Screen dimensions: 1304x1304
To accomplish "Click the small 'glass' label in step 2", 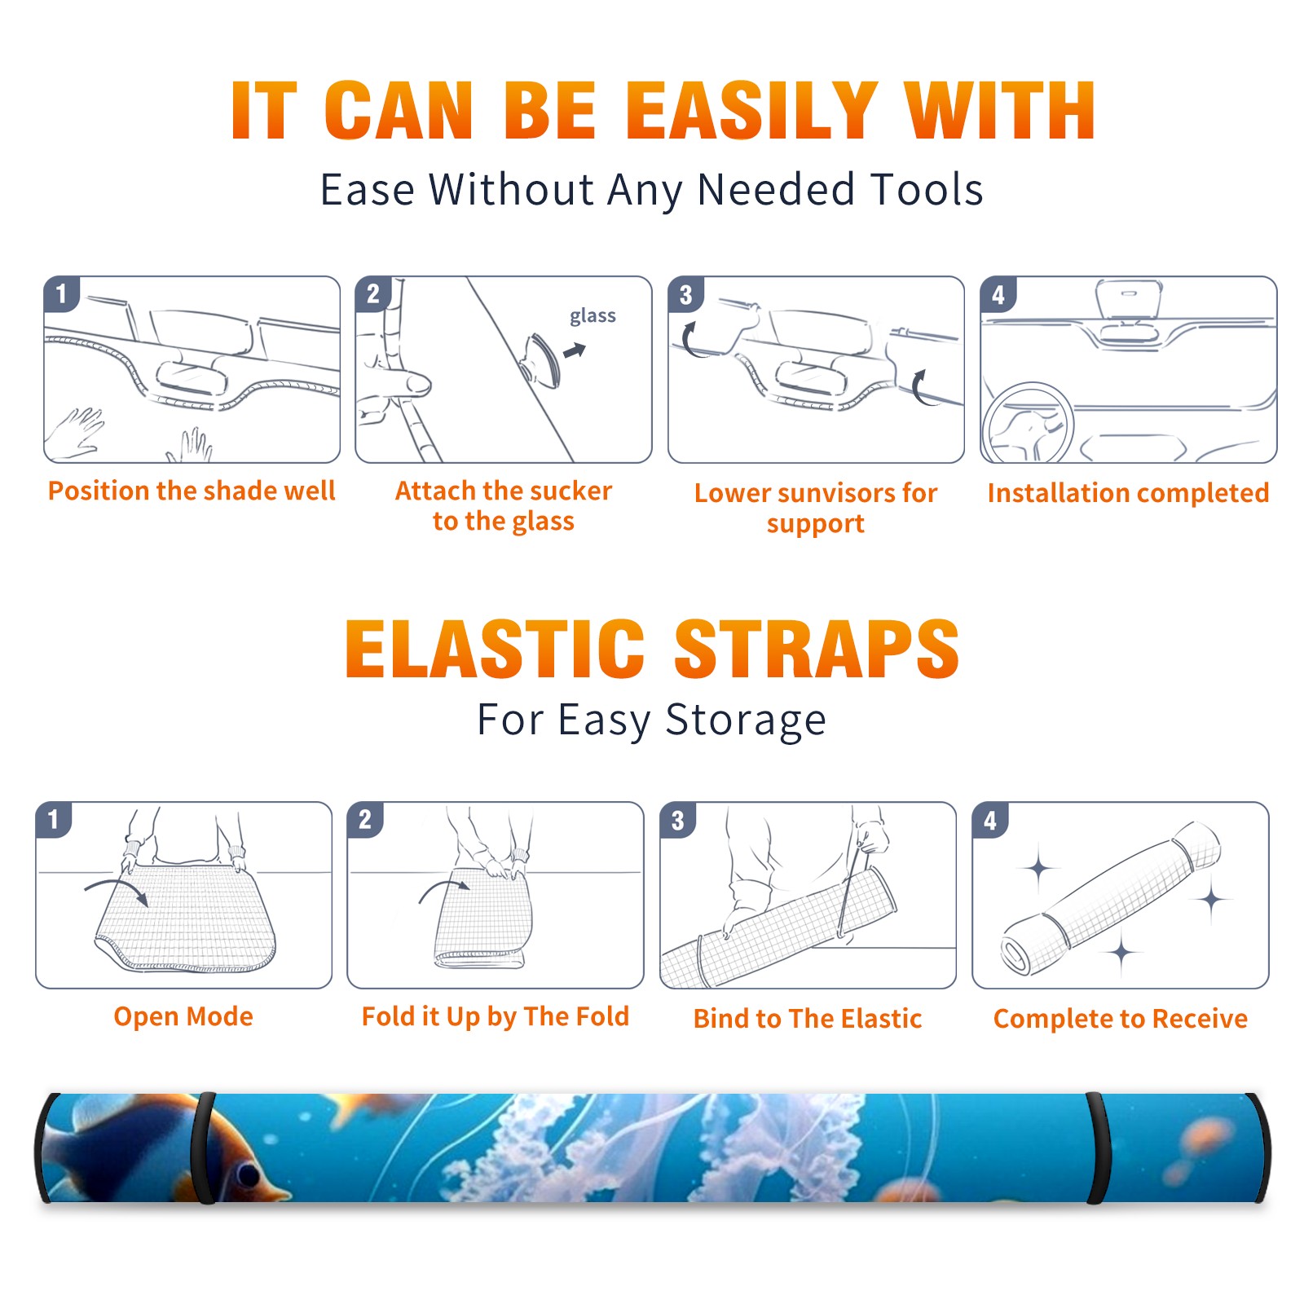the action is [593, 316].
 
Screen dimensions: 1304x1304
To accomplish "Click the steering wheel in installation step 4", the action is [1028, 423].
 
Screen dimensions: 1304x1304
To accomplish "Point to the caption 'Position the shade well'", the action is [192, 491].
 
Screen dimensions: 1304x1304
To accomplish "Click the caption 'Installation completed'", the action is [1128, 493].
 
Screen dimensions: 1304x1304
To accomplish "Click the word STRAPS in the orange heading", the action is [817, 649].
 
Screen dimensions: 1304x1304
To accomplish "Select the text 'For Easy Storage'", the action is [652, 720].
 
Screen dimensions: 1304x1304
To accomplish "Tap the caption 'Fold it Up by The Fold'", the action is [496, 1016].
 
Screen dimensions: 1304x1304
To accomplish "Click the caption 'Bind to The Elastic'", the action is [808, 1019].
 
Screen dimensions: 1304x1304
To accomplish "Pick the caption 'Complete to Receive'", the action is [1121, 1019].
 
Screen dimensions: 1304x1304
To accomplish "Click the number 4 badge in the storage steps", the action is [990, 820].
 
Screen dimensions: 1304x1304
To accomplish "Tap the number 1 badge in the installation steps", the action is [62, 293].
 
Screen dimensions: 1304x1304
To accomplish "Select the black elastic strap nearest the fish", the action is [205, 1148].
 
